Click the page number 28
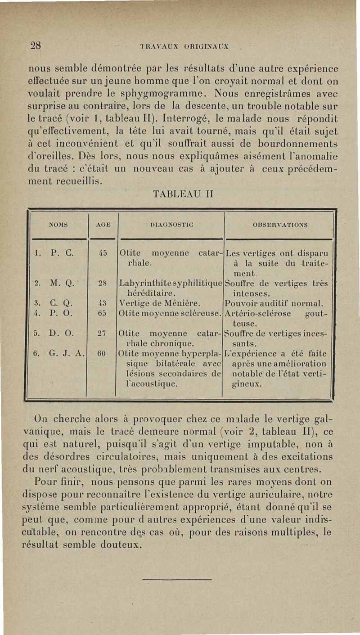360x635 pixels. (x=36, y=45)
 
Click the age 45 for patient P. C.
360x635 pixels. (x=103, y=252)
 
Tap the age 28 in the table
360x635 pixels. (x=103, y=284)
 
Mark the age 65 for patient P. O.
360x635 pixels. (x=103, y=313)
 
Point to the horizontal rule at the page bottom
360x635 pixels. (x=180, y=579)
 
